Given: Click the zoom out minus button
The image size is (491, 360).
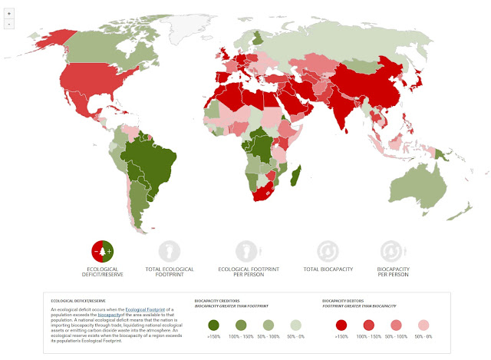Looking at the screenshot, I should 8,24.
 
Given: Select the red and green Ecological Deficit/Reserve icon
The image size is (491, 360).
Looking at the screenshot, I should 104,251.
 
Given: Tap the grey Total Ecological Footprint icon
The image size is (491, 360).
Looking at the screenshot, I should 169,251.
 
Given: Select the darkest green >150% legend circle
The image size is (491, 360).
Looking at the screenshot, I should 213,324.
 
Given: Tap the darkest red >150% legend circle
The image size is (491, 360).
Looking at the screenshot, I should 343,324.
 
